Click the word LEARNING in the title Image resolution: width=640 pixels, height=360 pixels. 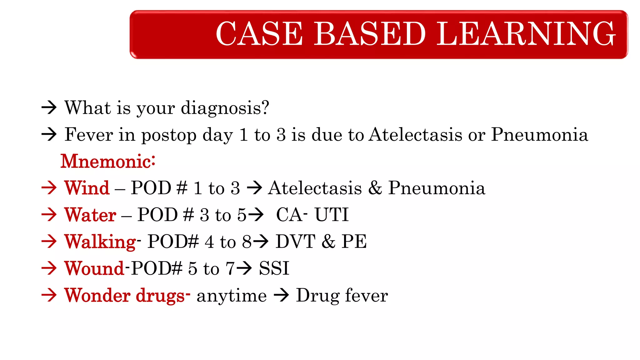[x=526, y=34]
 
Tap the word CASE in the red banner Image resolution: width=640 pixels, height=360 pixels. [x=259, y=34]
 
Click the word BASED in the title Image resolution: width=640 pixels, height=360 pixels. [x=370, y=34]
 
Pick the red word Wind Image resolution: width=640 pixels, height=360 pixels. [x=87, y=188]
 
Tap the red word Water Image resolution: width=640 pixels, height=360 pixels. [x=90, y=215]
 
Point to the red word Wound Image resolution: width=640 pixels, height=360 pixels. [x=94, y=268]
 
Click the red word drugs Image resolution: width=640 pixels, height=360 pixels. [x=160, y=296]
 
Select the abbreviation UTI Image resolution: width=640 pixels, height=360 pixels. [x=331, y=215]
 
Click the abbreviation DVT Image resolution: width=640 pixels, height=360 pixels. [x=295, y=242]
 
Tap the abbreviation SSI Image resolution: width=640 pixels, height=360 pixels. [x=274, y=268]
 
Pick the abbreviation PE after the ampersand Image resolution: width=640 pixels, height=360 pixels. [x=354, y=242]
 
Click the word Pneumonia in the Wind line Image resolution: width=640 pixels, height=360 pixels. [x=437, y=188]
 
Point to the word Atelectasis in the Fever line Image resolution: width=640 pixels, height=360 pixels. [x=415, y=135]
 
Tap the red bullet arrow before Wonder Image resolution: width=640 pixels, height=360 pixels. [x=49, y=295]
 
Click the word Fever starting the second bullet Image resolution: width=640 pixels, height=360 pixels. [x=89, y=135]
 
